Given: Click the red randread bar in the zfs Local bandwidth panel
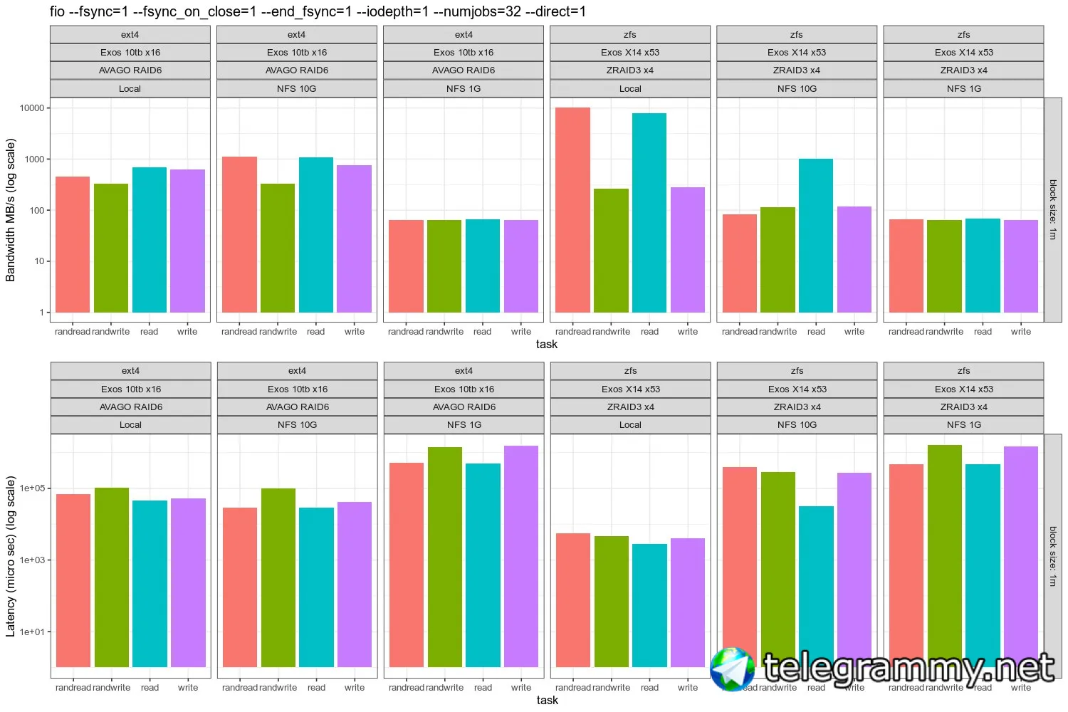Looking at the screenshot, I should point(572,210).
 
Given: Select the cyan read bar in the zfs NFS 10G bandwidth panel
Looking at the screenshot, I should point(816,236).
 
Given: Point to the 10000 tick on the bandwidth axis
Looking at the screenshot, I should point(32,108).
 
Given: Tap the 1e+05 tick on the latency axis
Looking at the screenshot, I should point(32,488).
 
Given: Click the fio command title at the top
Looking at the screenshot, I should point(318,11).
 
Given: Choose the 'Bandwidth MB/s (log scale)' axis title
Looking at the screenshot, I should point(11,210).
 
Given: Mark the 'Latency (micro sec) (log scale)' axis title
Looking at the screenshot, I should point(11,556).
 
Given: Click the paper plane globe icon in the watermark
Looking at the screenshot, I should point(732,669).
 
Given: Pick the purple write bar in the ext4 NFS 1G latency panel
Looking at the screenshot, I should point(521,556).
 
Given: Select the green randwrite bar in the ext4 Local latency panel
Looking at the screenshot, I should point(112,577).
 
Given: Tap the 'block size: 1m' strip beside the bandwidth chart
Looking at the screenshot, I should point(1053,209).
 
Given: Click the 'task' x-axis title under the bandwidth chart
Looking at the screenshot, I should point(547,345).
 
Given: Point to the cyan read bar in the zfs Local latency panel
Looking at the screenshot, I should point(649,605).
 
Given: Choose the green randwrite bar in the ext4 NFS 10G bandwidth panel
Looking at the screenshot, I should point(278,248).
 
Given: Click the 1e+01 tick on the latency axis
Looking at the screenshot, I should point(32,632).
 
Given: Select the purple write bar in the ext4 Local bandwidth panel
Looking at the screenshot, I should point(187,241).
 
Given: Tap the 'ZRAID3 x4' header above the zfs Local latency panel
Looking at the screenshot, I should point(630,407).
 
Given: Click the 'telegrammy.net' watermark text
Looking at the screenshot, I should point(909,669).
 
